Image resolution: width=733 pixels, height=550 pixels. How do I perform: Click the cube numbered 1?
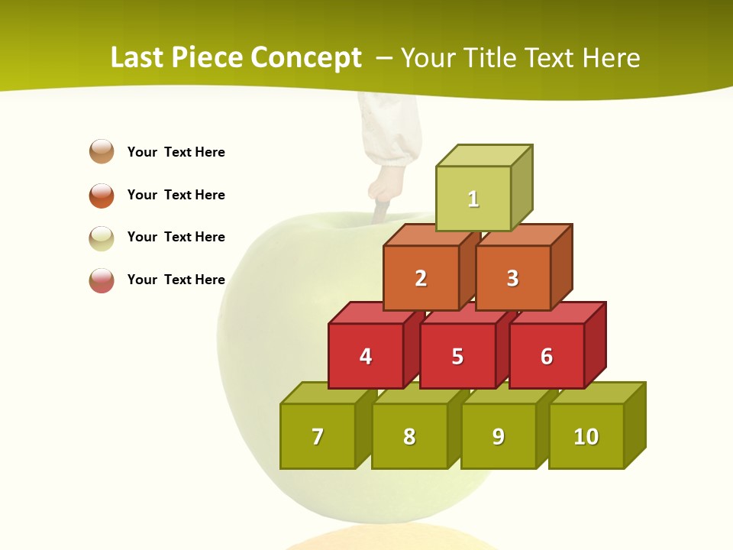pyautogui.click(x=473, y=199)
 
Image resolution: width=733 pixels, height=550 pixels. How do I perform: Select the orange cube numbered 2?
pyautogui.click(x=421, y=278)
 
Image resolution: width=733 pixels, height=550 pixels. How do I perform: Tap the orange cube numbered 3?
pyautogui.click(x=512, y=278)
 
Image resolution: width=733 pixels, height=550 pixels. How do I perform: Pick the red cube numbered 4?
pyautogui.click(x=366, y=356)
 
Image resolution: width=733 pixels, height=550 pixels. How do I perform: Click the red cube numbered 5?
pyautogui.click(x=457, y=356)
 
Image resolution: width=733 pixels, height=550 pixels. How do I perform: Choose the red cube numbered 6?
pyautogui.click(x=547, y=356)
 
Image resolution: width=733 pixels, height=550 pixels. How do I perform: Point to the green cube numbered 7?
pyautogui.click(x=318, y=436)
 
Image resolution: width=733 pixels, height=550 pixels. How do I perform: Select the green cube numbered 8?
pyautogui.click(x=409, y=436)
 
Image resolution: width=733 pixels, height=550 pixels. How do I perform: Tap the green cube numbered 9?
pyautogui.click(x=499, y=436)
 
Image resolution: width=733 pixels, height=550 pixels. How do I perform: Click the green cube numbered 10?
pyautogui.click(x=586, y=436)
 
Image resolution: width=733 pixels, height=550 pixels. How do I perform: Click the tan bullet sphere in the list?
pyautogui.click(x=102, y=151)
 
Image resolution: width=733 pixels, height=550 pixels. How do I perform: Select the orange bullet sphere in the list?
pyautogui.click(x=102, y=195)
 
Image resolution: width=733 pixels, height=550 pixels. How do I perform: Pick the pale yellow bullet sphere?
pyautogui.click(x=102, y=238)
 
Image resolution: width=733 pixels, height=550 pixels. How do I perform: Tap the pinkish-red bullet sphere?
pyautogui.click(x=102, y=280)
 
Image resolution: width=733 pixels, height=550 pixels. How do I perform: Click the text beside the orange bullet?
pyautogui.click(x=176, y=195)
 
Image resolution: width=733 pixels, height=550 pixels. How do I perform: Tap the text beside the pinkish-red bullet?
pyautogui.click(x=176, y=280)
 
